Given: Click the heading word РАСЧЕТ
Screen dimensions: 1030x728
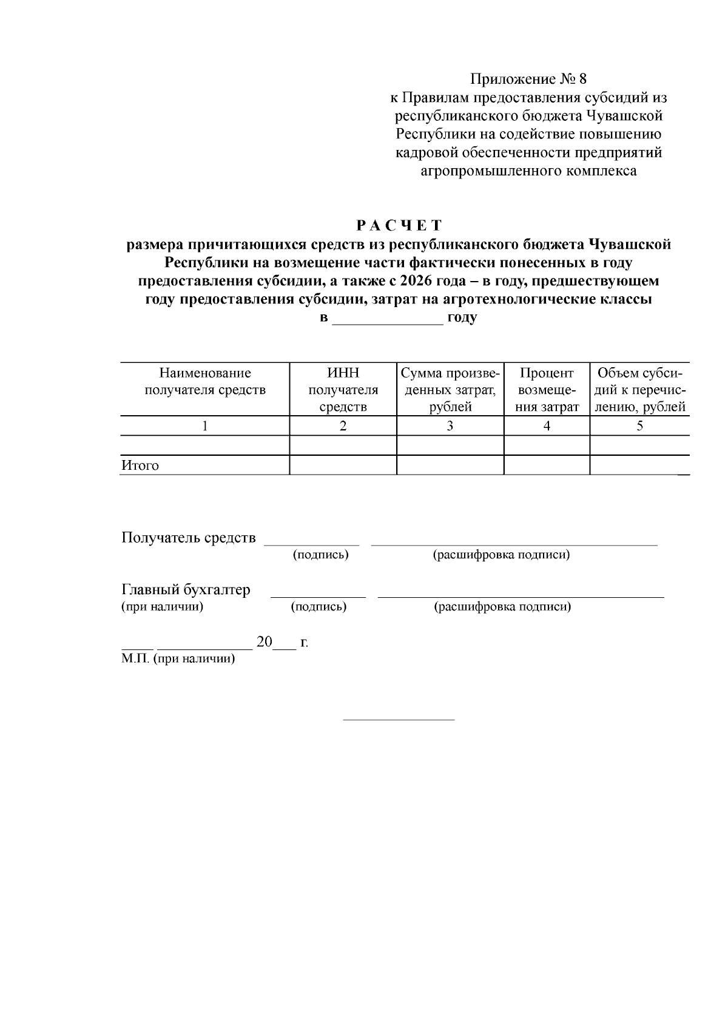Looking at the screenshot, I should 399,226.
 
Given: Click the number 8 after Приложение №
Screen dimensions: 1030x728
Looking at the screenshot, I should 583,79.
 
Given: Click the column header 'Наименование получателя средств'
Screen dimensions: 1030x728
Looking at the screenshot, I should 205,381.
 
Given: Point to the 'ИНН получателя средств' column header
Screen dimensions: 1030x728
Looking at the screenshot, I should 343,389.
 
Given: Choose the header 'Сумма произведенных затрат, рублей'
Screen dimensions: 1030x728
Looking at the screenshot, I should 450,389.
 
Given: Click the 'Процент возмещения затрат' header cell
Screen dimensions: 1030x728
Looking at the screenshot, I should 547,389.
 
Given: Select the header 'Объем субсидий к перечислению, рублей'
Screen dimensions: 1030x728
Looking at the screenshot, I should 639,389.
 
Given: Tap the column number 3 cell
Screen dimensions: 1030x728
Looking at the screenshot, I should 450,426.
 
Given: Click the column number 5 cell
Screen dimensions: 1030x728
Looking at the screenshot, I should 639,426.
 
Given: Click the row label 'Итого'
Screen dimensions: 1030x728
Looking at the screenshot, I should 140,466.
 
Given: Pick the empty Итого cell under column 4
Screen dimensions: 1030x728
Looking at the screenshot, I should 547,466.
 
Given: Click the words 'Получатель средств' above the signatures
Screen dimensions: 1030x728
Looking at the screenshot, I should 189,538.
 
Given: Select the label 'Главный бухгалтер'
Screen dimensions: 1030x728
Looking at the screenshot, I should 186,589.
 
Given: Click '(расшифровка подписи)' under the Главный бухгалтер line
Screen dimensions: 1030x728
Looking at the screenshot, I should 502,606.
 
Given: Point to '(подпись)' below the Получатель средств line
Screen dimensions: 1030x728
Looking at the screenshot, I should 320,555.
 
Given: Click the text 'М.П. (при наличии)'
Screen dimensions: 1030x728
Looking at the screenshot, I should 178,659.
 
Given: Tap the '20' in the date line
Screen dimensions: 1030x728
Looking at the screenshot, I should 265,642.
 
